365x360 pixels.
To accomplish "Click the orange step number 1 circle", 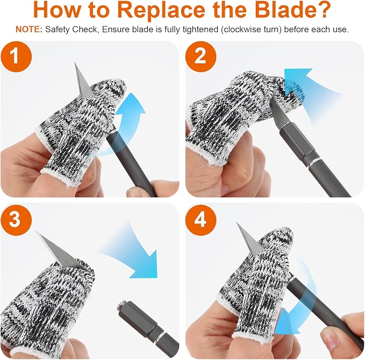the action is [x=16, y=56].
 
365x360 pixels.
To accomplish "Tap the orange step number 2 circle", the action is [x=201, y=56].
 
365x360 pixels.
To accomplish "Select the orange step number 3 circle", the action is [x=16, y=219].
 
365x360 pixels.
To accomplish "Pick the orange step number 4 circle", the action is [x=201, y=219].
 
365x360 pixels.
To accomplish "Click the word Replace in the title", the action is [x=161, y=10].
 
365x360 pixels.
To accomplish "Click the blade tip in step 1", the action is [x=75, y=63].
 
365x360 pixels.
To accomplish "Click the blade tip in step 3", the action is [x=35, y=232].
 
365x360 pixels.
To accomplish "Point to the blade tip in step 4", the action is [x=237, y=223].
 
